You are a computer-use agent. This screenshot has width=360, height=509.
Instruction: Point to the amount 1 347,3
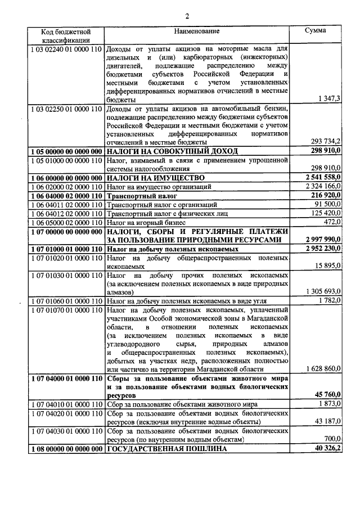(x=325, y=98)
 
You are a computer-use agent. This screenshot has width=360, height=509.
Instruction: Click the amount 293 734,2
(x=323, y=142)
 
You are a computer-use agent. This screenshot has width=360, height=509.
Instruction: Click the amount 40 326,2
(x=325, y=448)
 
